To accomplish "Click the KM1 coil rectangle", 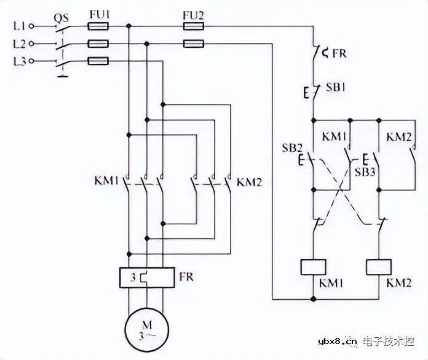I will click(x=314, y=267).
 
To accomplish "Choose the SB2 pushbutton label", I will click(x=291, y=148).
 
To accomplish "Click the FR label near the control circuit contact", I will click(x=339, y=53).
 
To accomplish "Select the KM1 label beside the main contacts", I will click(x=106, y=182).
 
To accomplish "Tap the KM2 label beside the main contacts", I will click(x=250, y=182).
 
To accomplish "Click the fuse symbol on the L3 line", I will click(x=98, y=61).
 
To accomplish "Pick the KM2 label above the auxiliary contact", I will click(x=398, y=137).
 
